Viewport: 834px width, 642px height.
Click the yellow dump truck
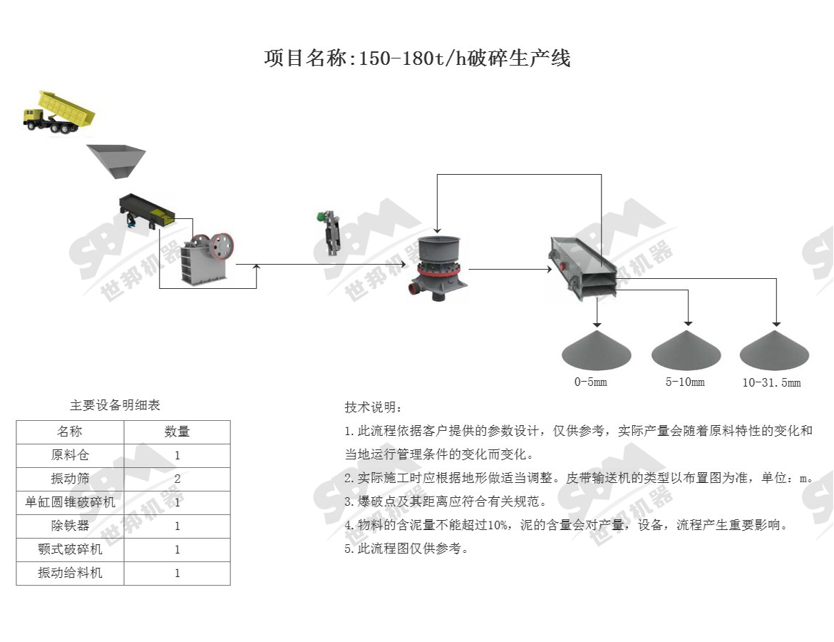coord(58,113)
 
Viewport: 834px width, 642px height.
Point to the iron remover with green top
coord(328,232)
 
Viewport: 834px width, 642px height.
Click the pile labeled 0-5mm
coord(597,350)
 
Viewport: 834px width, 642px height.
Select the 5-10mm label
coord(685,382)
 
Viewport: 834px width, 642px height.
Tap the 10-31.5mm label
coord(771,383)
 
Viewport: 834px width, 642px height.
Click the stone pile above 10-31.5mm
coord(774,350)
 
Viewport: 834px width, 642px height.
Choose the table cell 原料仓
coord(70,455)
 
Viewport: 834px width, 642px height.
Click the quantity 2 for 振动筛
coord(177,479)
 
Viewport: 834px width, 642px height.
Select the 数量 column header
coord(177,432)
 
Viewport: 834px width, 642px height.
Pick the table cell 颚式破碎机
coord(70,549)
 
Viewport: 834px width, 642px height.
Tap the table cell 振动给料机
coord(70,573)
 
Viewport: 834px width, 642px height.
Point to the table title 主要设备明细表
coord(115,406)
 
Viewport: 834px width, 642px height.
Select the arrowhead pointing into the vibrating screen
coord(548,270)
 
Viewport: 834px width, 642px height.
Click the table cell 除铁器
coord(70,526)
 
